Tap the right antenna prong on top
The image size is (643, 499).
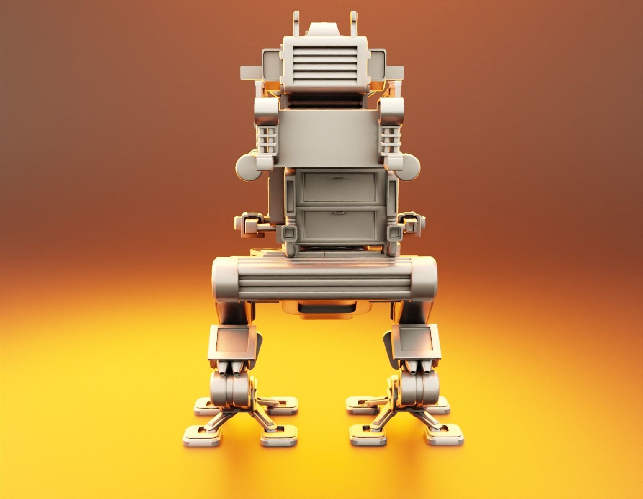pos(354,20)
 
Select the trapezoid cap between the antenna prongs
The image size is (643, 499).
pos(324,29)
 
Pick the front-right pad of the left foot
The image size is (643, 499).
pos(279,437)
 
